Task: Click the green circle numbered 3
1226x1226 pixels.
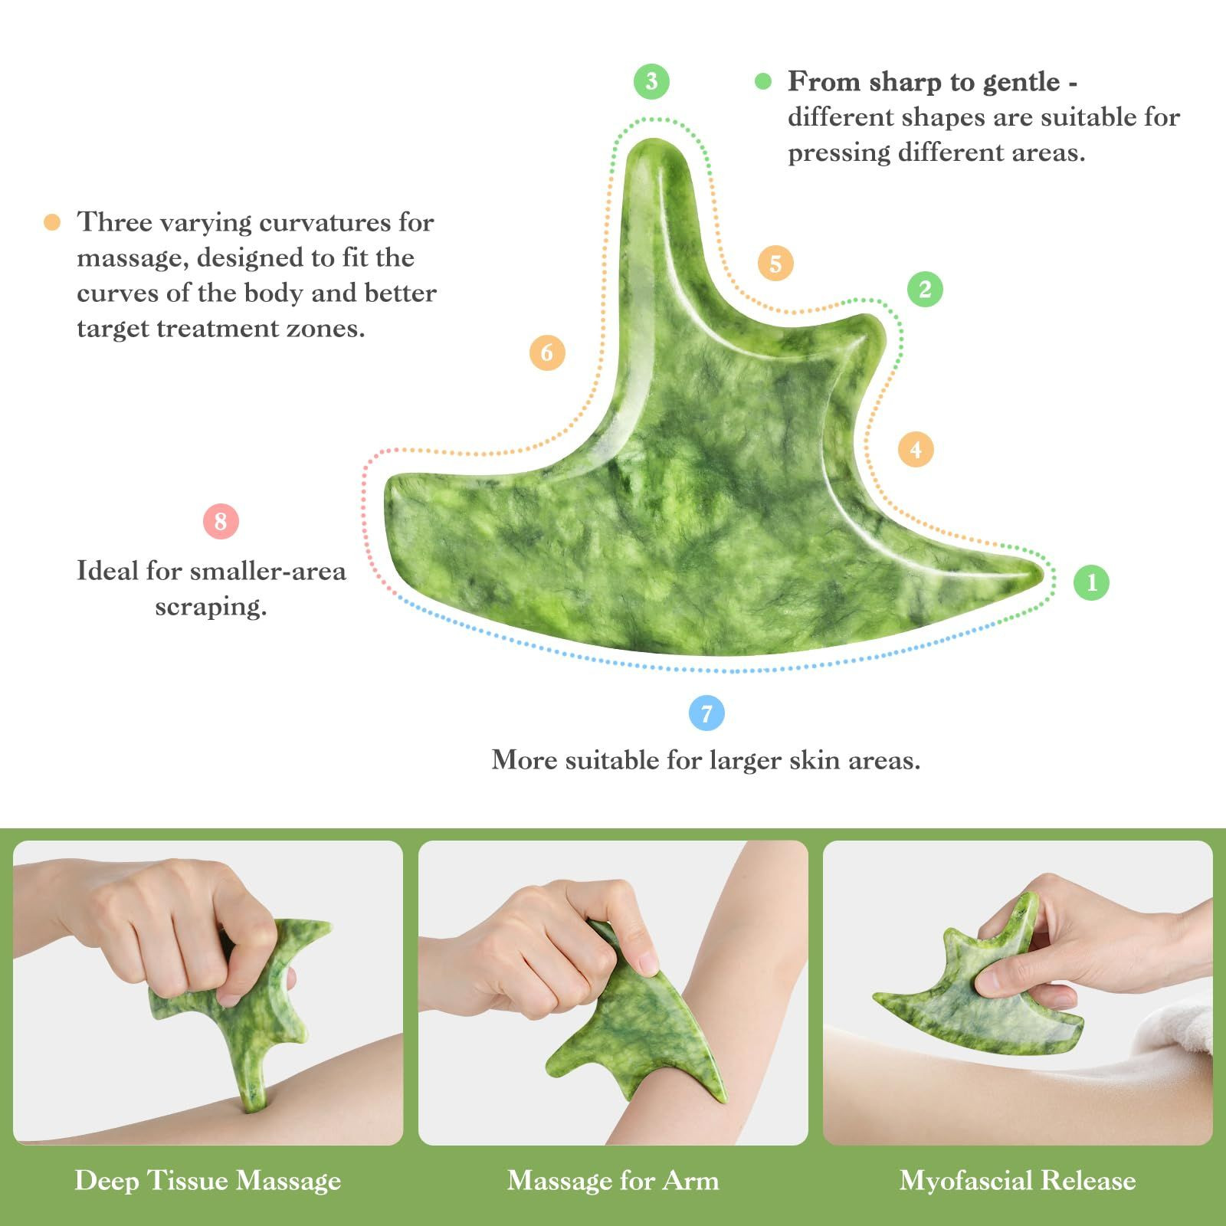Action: tap(651, 81)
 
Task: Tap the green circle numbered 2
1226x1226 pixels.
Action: tap(925, 290)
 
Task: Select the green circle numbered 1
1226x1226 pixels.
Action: tap(1092, 582)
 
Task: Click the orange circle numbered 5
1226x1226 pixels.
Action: tap(775, 264)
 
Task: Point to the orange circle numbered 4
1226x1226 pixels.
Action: tap(916, 449)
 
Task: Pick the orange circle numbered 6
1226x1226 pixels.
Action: tap(547, 352)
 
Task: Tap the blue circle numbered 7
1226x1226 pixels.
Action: tap(706, 713)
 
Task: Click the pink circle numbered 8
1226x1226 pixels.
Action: tap(221, 522)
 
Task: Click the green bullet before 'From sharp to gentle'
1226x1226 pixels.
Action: tap(763, 81)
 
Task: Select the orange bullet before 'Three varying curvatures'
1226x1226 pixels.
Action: tap(52, 222)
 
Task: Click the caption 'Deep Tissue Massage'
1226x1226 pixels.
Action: tap(208, 1180)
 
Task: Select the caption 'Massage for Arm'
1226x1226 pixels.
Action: tap(613, 1180)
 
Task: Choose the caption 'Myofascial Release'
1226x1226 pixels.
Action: tap(1018, 1180)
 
